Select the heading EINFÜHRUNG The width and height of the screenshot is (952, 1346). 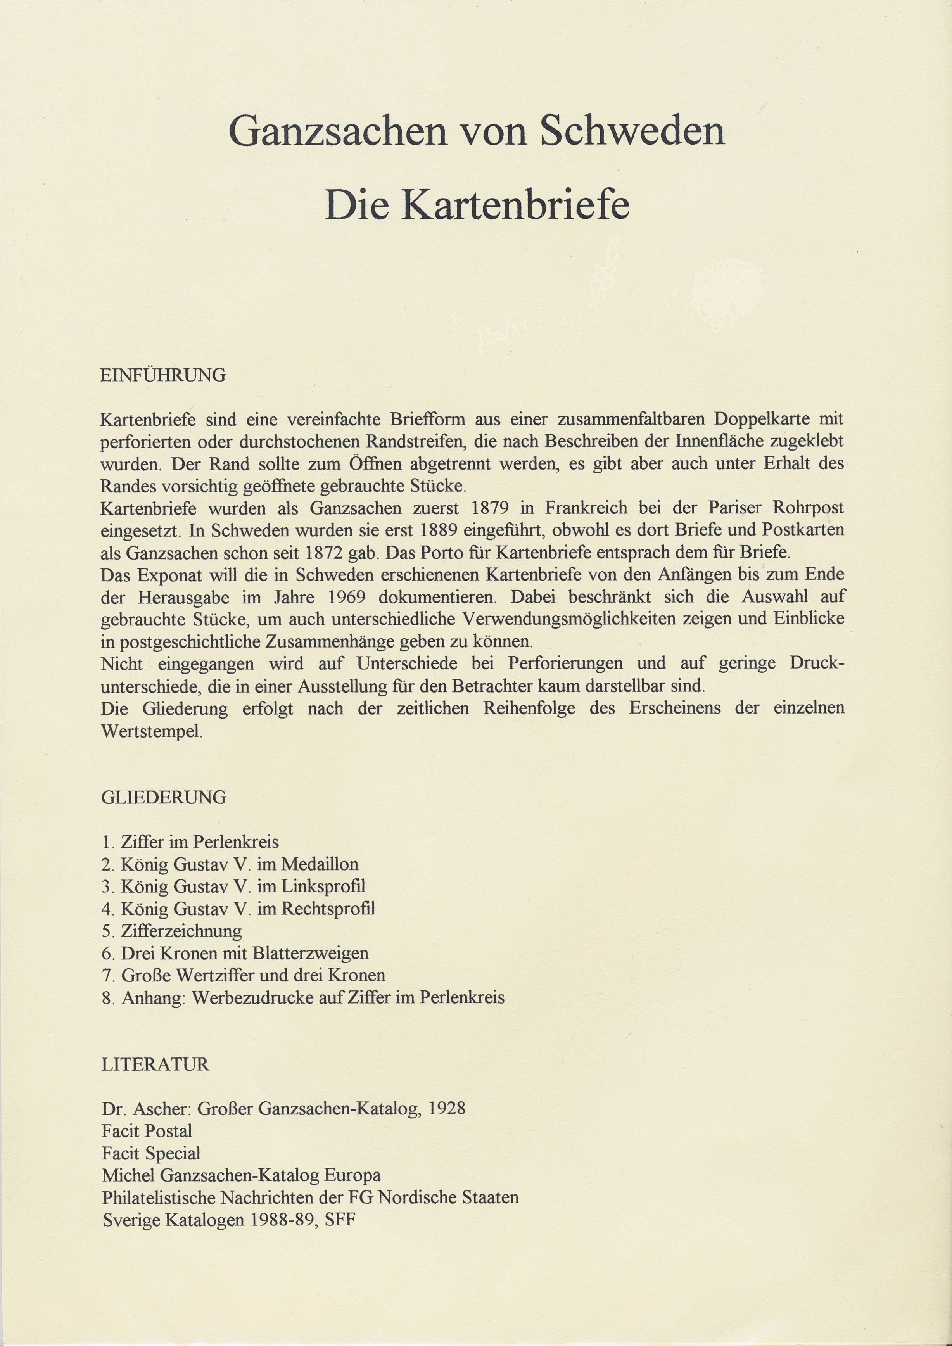[x=163, y=375]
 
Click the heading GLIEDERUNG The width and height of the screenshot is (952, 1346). [x=164, y=797]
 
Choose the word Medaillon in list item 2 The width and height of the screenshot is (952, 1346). [x=320, y=864]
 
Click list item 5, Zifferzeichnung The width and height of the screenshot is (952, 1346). [x=181, y=931]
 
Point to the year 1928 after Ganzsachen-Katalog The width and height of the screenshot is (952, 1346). [x=447, y=1109]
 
